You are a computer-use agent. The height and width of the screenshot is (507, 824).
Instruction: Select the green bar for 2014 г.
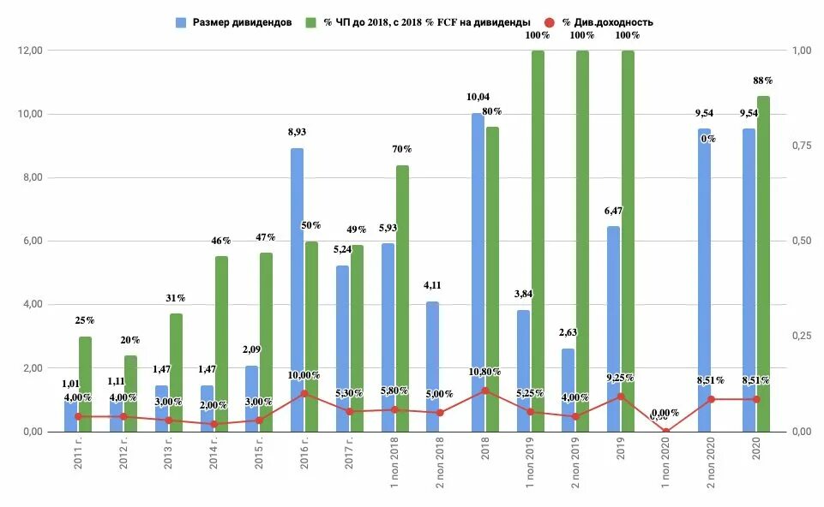[221, 343]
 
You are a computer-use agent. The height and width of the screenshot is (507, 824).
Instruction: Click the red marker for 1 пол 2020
[666, 431]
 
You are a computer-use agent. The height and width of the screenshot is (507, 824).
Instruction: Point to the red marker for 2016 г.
[304, 393]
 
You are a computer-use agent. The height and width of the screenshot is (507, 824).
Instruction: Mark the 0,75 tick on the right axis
[801, 146]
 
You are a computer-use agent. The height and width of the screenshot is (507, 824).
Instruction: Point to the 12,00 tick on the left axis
[29, 51]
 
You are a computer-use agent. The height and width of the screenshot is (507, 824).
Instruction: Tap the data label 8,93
[298, 133]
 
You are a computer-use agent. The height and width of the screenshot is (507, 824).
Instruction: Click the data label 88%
[762, 81]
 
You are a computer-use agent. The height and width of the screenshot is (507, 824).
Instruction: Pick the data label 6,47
[614, 211]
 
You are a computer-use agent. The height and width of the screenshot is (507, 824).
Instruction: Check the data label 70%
[402, 149]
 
